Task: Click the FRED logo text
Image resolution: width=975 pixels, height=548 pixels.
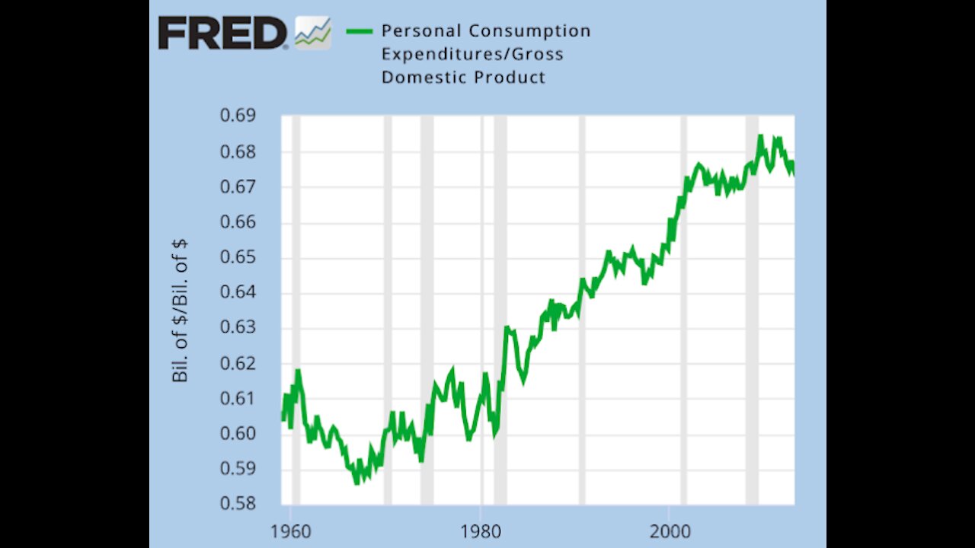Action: coord(222,33)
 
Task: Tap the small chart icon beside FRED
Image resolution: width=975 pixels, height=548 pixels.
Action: coord(312,33)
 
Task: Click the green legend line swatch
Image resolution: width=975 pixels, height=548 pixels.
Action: coord(359,31)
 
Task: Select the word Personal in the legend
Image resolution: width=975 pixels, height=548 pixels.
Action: coord(420,31)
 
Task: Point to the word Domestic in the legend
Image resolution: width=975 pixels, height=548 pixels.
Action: coord(420,77)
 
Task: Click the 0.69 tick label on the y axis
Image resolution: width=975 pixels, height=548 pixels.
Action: coord(237,116)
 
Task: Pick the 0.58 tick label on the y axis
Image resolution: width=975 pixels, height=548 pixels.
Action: coord(237,504)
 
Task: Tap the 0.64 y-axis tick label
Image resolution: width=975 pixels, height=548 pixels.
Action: coord(237,292)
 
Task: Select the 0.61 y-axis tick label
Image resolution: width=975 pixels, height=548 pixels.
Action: coord(237,398)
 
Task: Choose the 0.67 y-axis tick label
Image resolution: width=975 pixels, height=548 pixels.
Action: coord(237,186)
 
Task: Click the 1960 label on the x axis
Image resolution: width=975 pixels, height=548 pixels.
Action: coord(291,530)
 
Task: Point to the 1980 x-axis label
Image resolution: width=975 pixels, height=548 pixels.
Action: coord(481,530)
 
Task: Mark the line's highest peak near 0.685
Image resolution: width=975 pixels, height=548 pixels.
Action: coord(760,137)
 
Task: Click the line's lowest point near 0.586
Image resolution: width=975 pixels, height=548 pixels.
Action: coord(356,482)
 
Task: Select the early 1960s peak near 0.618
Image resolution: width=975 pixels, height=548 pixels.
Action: coord(298,371)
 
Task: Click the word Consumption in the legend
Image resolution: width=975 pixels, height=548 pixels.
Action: coord(529,31)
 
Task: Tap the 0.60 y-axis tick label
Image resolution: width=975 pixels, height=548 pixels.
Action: coord(237,434)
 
